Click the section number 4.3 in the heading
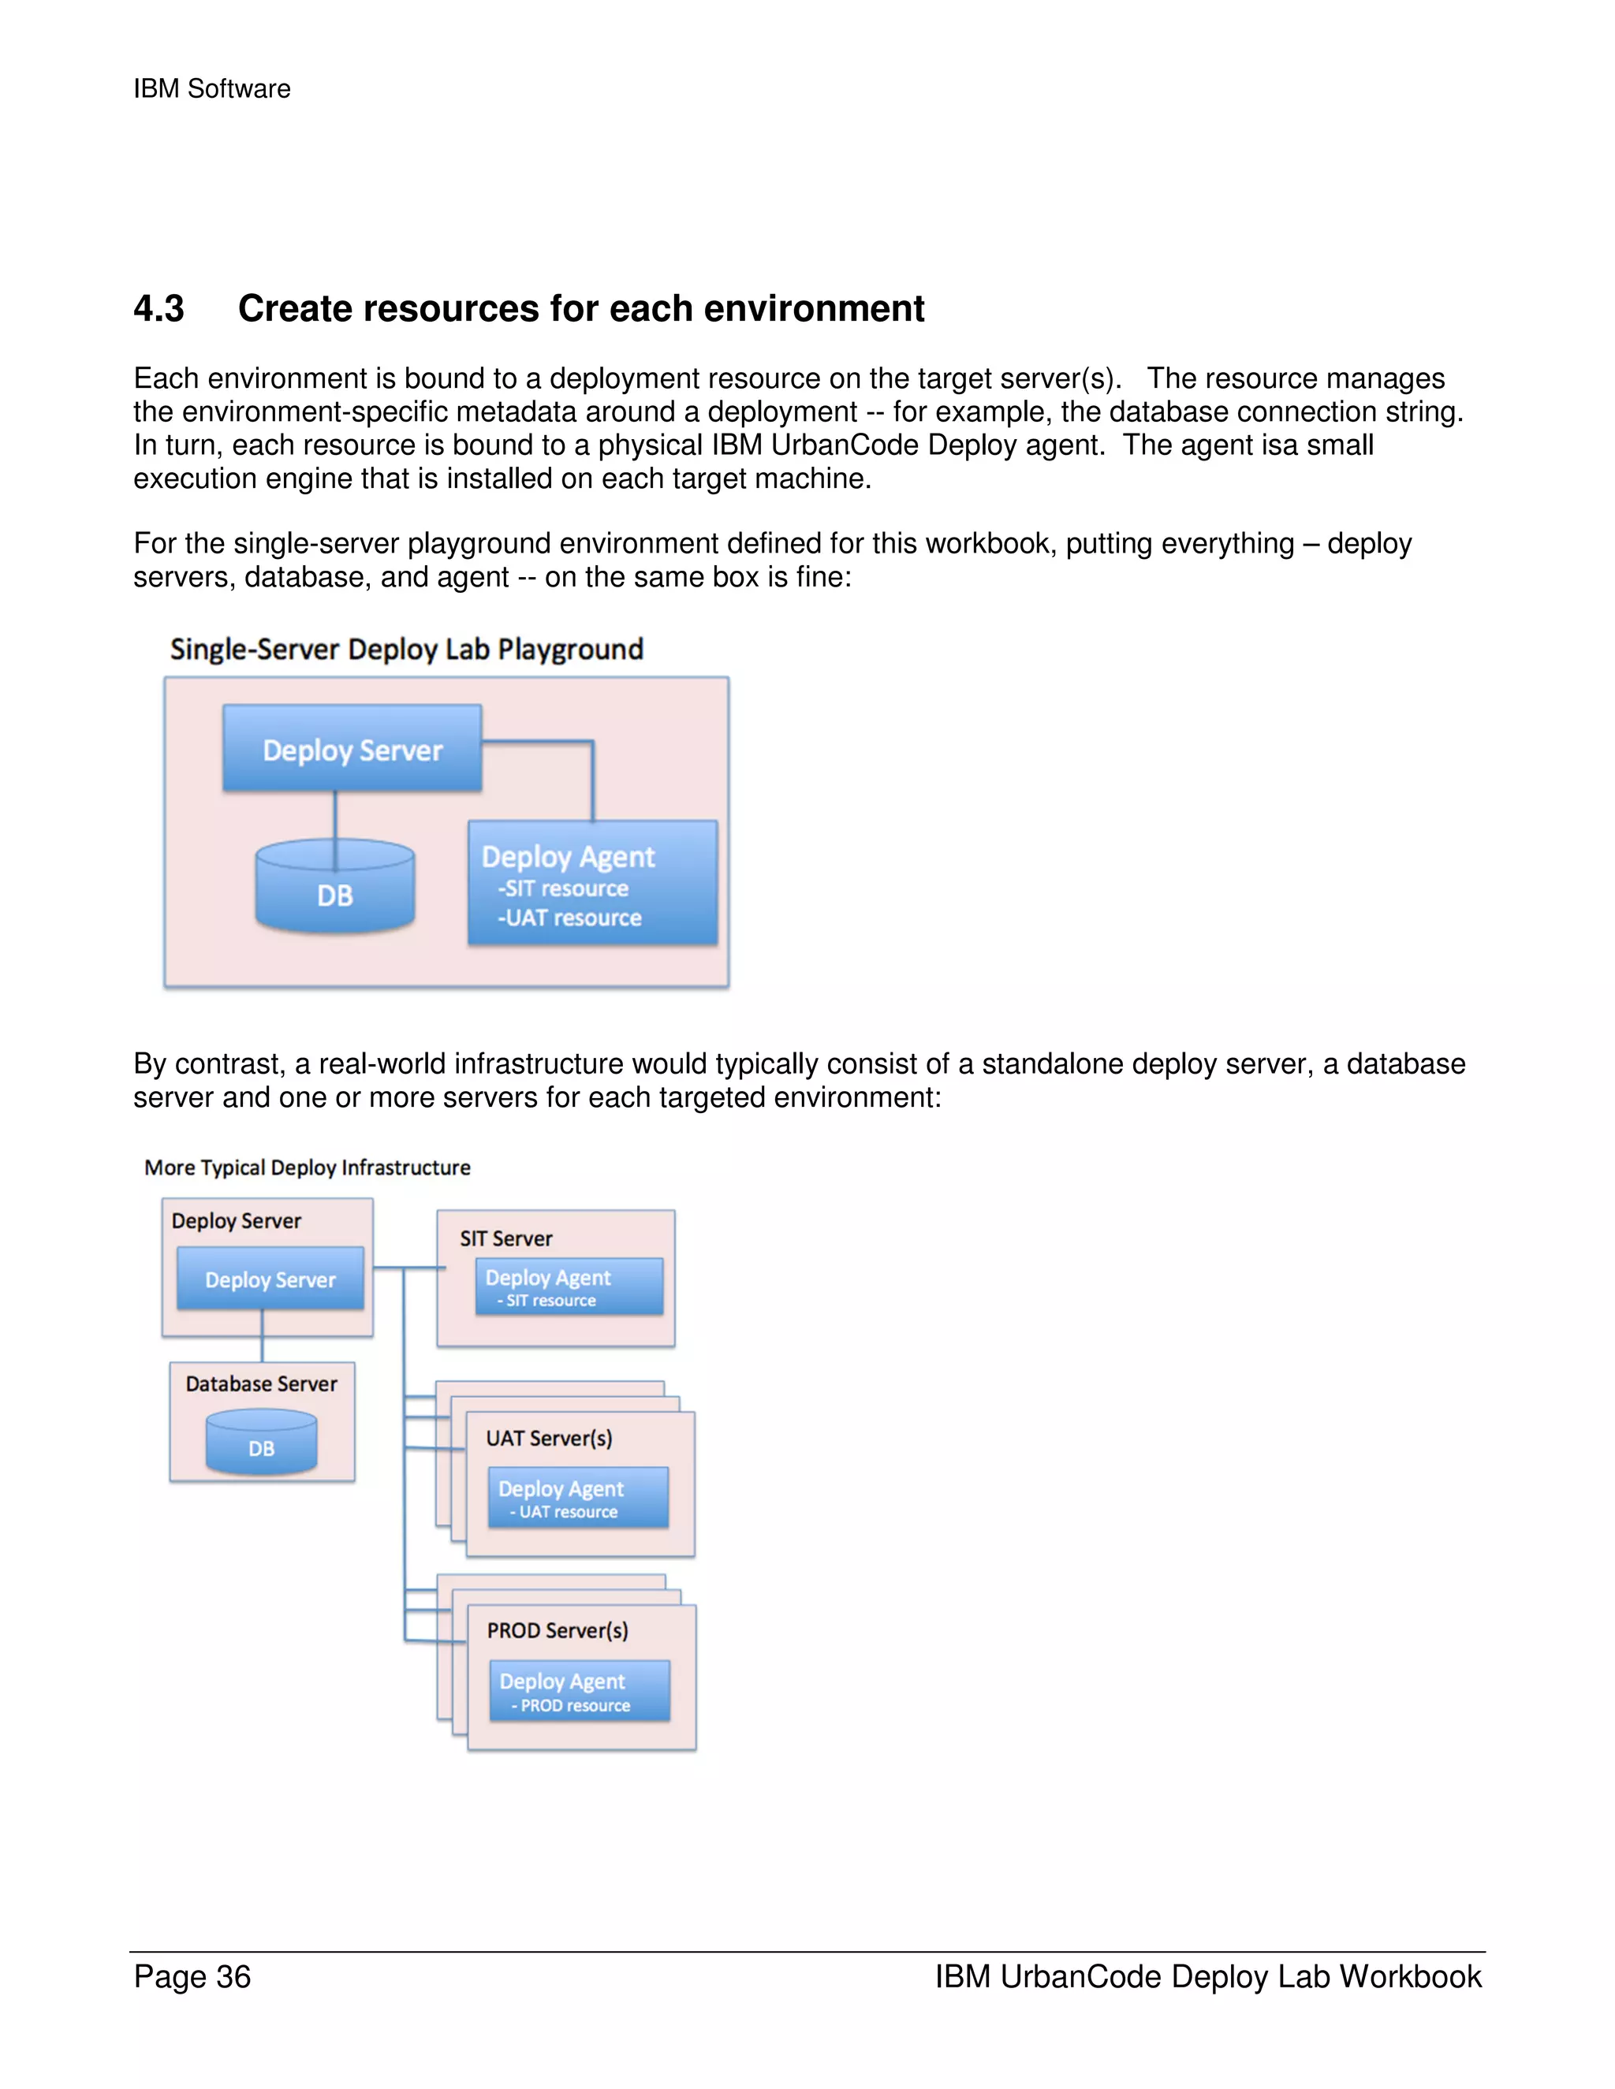click(x=159, y=309)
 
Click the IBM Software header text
click(x=211, y=89)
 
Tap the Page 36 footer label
click(x=192, y=1976)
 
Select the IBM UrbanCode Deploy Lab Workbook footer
click(x=1207, y=1976)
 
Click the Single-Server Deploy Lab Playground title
click(x=407, y=650)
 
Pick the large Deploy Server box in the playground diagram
click(x=352, y=749)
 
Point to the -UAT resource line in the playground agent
click(x=569, y=918)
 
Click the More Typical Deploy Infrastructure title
click(x=307, y=1168)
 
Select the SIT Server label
click(x=506, y=1238)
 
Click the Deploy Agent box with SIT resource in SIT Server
click(x=569, y=1287)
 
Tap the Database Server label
click(x=261, y=1384)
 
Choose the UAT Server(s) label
click(x=549, y=1439)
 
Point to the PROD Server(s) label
click(x=558, y=1631)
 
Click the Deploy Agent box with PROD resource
click(x=579, y=1691)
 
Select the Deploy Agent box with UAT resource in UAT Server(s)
click(x=578, y=1498)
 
